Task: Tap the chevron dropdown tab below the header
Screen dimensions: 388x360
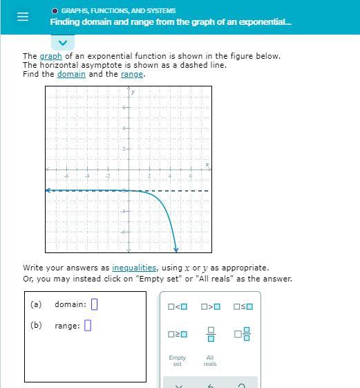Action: tap(62, 43)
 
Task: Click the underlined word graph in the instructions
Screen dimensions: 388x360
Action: tap(50, 56)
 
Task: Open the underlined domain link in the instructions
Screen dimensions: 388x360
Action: tap(71, 74)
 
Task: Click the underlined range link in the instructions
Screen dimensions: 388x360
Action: tap(132, 74)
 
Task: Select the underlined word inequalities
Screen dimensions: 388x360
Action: tap(134, 268)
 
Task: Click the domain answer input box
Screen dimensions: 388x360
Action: tap(95, 304)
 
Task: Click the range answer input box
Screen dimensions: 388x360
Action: tap(88, 325)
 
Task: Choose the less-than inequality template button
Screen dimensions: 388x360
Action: tap(178, 306)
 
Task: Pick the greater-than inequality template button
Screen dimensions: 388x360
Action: tap(211, 306)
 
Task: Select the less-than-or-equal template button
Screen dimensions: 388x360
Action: tap(243, 306)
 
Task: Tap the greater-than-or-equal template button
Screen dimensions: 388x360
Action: tap(178, 335)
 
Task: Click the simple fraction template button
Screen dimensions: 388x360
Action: tap(211, 335)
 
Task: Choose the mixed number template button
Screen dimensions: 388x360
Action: tap(243, 335)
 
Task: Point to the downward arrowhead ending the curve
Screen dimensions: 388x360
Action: tap(176, 249)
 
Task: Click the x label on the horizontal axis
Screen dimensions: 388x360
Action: tap(207, 165)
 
